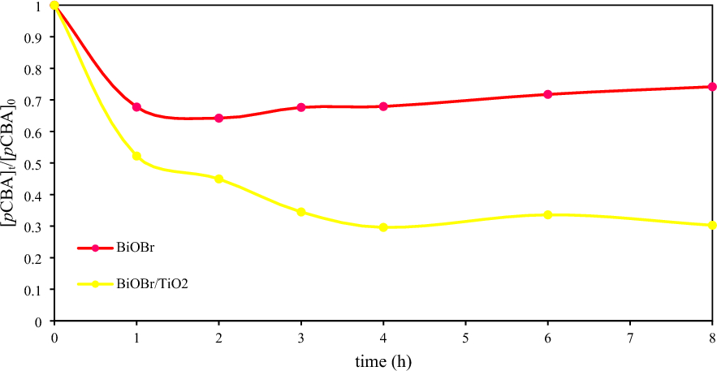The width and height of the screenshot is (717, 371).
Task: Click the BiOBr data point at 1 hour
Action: click(136, 107)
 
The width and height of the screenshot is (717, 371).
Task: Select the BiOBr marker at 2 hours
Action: click(218, 118)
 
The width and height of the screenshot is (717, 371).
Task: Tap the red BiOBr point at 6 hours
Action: click(548, 94)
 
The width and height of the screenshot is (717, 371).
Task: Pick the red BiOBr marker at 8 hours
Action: click(712, 87)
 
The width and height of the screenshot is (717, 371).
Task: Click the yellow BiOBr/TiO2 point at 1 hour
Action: click(136, 156)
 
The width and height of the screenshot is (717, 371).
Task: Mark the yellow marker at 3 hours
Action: click(301, 212)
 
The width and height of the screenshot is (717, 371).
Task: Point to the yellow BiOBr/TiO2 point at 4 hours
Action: click(383, 227)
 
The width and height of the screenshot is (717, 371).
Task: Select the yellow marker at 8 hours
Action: click(712, 225)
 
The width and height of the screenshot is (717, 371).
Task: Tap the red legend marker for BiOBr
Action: click(94, 248)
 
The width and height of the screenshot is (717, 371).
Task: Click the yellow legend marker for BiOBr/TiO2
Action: click(94, 284)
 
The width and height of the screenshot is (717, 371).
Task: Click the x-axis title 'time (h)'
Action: click(382, 360)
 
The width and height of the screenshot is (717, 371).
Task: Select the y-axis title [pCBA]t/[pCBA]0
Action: click(11, 163)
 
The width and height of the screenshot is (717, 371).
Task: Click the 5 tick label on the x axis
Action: click(465, 336)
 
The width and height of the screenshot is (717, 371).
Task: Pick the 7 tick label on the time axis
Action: click(630, 336)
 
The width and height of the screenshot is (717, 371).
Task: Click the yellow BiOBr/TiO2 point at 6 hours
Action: click(548, 214)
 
